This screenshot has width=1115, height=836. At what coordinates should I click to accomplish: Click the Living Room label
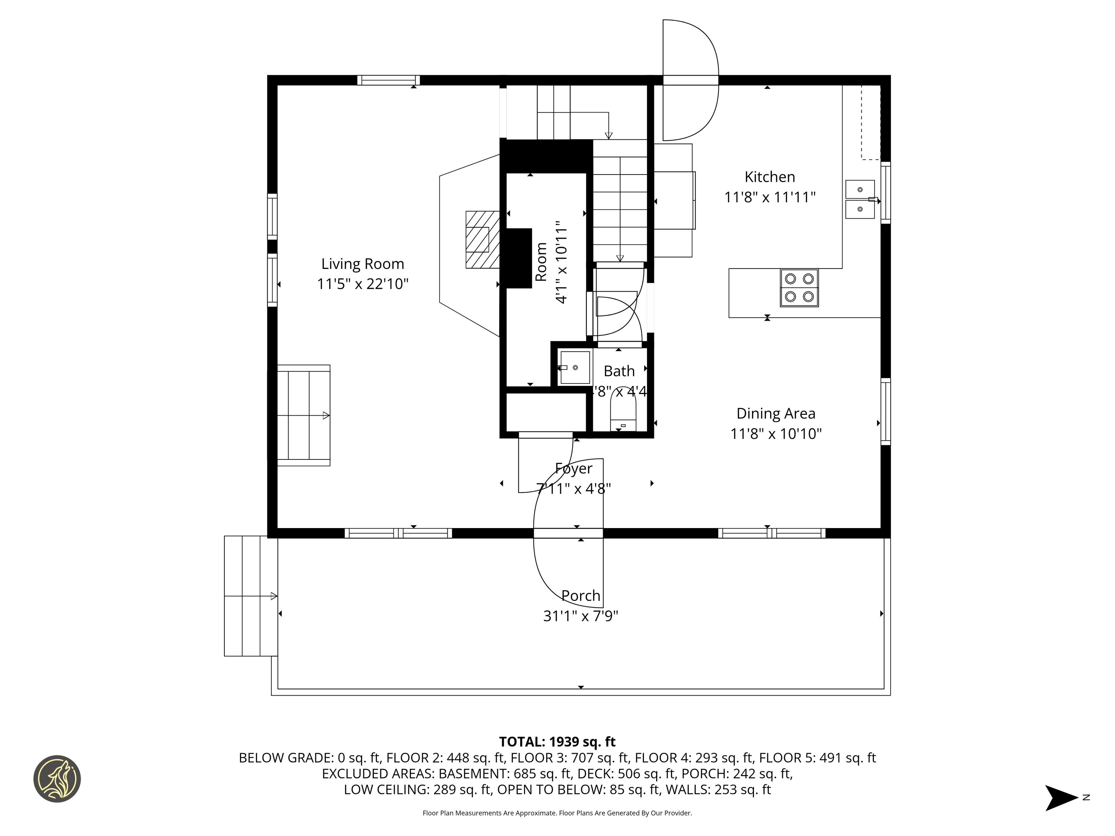point(362,264)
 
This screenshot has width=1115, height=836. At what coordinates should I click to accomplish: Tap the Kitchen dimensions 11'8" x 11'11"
point(770,197)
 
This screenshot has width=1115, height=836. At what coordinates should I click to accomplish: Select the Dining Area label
point(776,414)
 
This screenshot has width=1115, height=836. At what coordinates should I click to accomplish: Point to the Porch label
point(581,596)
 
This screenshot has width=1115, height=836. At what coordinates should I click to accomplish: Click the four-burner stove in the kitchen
point(799,288)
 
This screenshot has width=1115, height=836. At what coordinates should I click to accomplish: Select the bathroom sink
point(575,368)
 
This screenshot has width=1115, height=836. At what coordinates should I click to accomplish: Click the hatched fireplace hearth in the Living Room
point(482,239)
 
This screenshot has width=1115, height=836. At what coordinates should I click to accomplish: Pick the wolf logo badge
point(57,779)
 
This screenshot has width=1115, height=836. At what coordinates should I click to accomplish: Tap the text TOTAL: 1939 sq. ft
point(557,742)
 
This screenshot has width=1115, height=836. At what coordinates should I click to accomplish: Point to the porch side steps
point(251,596)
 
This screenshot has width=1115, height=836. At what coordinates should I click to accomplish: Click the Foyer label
point(574,469)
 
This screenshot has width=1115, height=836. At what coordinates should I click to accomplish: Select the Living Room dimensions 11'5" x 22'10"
point(362,284)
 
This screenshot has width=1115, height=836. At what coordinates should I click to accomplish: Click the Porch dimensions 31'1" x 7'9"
point(581,616)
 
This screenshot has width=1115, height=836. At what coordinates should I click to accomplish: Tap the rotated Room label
point(541,262)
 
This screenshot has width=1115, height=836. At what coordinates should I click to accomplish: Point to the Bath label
point(619,371)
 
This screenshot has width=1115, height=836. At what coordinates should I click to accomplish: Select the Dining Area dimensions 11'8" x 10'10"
point(776,434)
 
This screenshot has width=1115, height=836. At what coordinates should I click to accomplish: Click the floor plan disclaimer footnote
point(557,813)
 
